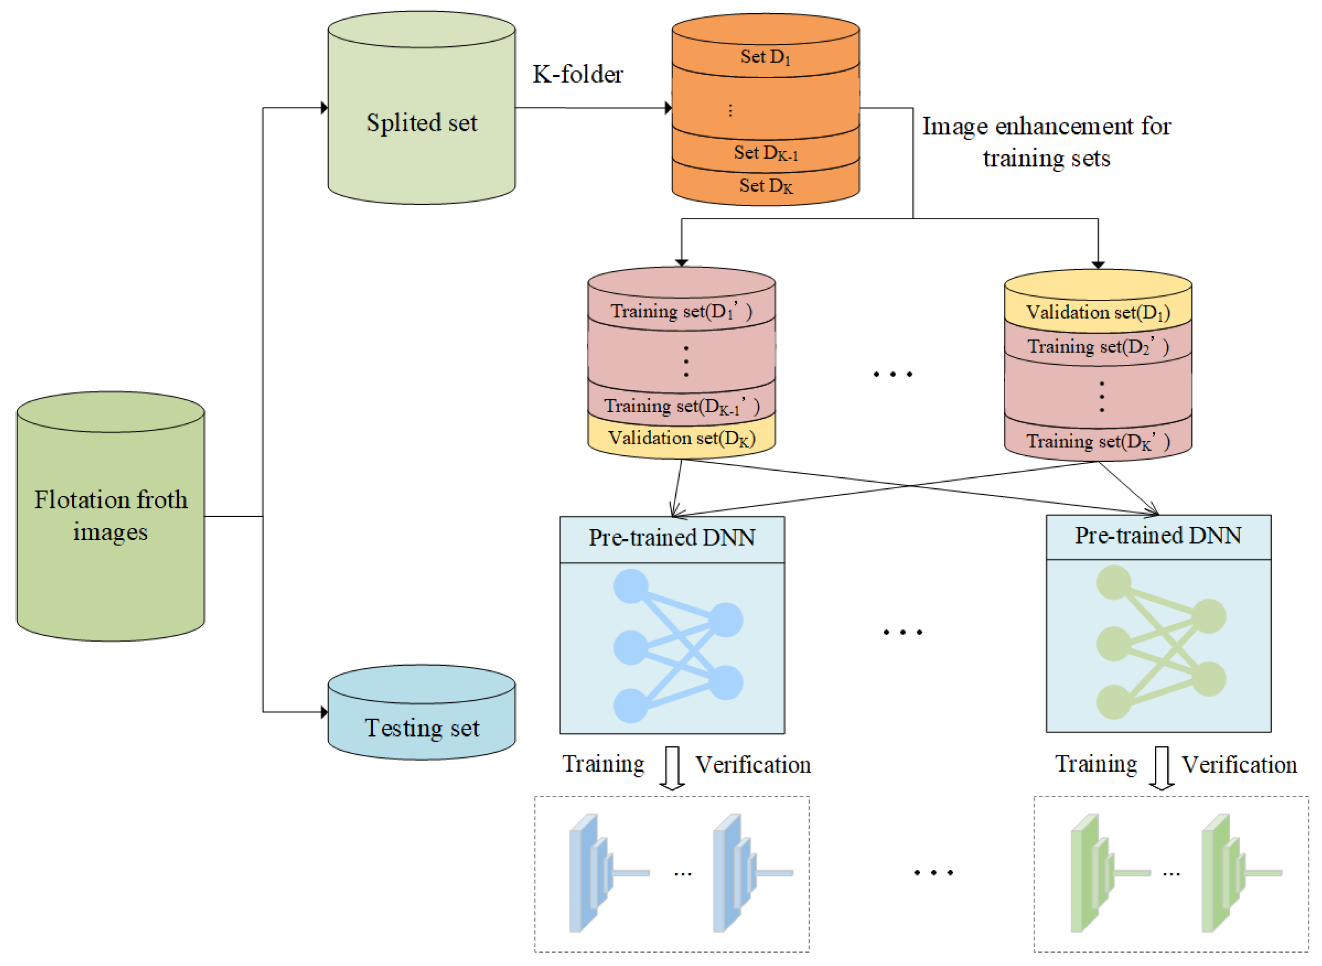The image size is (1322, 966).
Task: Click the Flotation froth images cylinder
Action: click(110, 516)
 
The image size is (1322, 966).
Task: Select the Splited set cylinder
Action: click(421, 108)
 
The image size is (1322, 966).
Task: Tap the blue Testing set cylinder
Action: click(421, 712)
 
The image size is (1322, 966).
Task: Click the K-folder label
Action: click(577, 74)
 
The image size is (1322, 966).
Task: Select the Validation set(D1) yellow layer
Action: click(1097, 312)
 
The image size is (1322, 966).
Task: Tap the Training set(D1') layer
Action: click(681, 311)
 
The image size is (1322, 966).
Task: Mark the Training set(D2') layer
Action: click(1097, 347)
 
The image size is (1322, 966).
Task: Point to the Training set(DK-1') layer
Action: click(681, 406)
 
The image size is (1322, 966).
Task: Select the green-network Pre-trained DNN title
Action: click(1158, 536)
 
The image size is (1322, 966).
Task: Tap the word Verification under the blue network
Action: click(753, 765)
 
